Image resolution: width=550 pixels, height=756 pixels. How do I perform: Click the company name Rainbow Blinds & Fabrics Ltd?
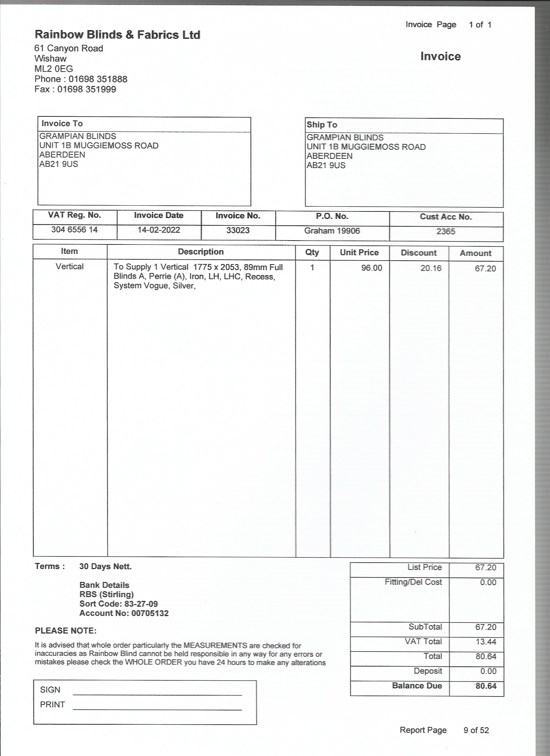click(117, 35)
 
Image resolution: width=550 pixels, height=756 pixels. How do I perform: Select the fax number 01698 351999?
click(87, 89)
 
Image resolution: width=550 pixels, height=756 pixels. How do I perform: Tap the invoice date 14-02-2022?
click(159, 230)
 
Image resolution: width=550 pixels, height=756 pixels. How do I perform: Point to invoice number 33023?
click(238, 230)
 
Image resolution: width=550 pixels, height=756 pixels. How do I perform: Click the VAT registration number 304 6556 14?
click(74, 230)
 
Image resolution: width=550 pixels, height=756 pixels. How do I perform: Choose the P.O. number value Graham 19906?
click(332, 231)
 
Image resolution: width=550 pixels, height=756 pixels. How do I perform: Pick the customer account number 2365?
click(445, 232)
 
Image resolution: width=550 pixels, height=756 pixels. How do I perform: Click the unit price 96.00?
click(371, 268)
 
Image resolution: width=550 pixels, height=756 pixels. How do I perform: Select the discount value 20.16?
click(431, 268)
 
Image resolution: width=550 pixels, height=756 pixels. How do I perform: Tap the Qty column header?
click(312, 252)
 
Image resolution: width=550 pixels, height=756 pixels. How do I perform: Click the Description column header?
click(201, 252)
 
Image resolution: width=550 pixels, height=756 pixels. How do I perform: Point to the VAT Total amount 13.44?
click(486, 642)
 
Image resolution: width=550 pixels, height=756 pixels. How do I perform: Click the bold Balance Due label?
click(417, 686)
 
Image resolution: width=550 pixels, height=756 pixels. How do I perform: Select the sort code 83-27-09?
click(141, 604)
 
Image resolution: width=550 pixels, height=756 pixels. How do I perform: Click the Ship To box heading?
click(322, 125)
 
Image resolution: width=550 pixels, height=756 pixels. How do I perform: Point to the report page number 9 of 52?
click(476, 730)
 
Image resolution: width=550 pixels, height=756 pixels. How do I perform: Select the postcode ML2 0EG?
click(54, 69)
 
